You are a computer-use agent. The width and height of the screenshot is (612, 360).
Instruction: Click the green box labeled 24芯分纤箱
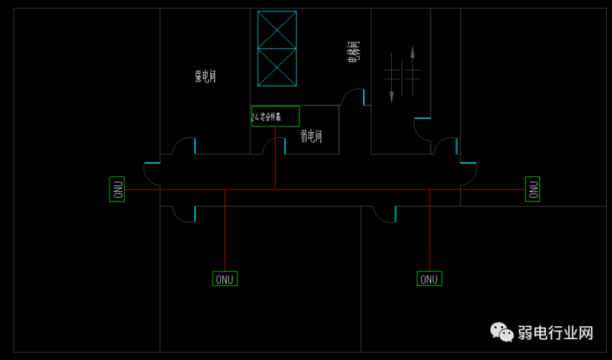275,117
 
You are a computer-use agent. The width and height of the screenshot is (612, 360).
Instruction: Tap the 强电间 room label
205,77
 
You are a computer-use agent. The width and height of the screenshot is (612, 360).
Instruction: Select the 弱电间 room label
311,136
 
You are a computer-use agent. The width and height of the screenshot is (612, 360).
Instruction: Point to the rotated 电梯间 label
353,53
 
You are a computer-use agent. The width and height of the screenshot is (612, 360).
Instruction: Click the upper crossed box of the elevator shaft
277,30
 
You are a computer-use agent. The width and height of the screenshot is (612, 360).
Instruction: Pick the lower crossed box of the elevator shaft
277,67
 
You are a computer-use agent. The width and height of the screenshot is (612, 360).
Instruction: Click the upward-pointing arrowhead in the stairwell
412,52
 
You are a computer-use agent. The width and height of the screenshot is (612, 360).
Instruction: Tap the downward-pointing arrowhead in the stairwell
391,96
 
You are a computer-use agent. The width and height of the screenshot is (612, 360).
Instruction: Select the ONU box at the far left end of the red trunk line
117,189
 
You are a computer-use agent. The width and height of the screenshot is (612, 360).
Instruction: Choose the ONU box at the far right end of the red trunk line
532,189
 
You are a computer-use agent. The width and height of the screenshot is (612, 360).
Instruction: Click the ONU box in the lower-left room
225,279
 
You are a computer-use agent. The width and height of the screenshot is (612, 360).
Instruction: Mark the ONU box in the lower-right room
430,279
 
